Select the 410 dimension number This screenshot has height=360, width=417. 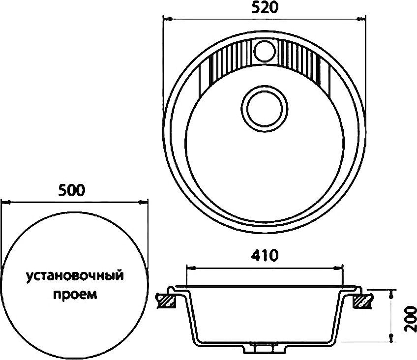coord(265,256)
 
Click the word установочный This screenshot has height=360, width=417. coord(74,275)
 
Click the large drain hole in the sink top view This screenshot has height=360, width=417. coord(264,107)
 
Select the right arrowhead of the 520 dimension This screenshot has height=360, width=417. coord(363,20)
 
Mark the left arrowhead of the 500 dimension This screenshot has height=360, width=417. coord(5,201)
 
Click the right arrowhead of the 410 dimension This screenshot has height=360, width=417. coord(340,268)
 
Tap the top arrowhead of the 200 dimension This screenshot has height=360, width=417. coord(392,294)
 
